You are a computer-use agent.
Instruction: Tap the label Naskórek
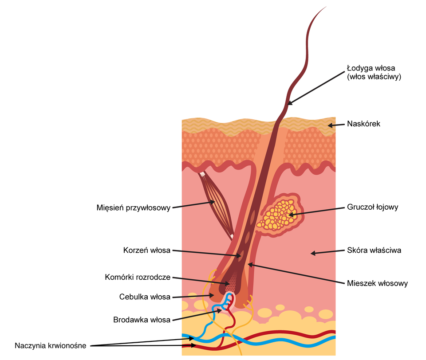[363, 124]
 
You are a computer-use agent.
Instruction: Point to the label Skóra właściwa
[374, 250]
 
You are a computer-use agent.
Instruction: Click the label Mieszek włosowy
[377, 283]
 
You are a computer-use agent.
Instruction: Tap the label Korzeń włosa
[147, 250]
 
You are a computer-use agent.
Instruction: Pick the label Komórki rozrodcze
[138, 278]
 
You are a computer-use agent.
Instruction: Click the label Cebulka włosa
[145, 297]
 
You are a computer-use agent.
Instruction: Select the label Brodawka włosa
[142, 319]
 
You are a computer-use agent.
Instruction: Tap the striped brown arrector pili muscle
[217, 204]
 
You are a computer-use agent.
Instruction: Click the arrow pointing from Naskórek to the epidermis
[336, 125]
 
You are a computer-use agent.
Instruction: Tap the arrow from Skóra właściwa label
[327, 252]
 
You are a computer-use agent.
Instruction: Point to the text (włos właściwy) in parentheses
[374, 77]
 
